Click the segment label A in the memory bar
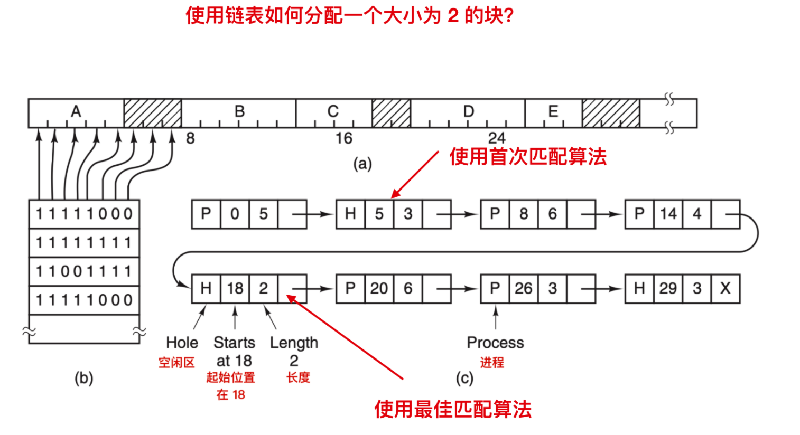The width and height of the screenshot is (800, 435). [76, 111]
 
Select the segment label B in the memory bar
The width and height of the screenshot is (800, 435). [239, 111]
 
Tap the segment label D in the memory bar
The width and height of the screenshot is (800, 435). [468, 111]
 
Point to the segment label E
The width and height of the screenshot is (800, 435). [553, 111]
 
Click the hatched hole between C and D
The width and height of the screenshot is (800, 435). [391, 113]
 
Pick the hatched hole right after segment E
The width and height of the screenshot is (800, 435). [611, 113]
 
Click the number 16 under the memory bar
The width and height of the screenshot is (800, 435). [343, 138]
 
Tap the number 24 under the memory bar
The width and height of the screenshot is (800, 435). [496, 138]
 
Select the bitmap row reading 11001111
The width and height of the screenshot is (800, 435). [84, 271]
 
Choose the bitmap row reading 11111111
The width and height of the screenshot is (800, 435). [84, 243]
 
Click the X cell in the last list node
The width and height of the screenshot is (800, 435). [725, 288]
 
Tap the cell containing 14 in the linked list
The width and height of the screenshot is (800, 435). [668, 214]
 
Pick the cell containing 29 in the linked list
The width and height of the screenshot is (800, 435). [668, 288]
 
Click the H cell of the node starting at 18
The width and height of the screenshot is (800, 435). [206, 288]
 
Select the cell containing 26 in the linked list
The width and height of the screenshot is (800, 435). [523, 288]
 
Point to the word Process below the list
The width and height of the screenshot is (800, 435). [495, 343]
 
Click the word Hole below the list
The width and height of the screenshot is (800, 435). [182, 343]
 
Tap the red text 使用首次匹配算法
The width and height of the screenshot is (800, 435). [528, 157]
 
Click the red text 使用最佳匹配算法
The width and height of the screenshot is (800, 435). [453, 409]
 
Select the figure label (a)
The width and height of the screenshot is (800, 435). [362, 164]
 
